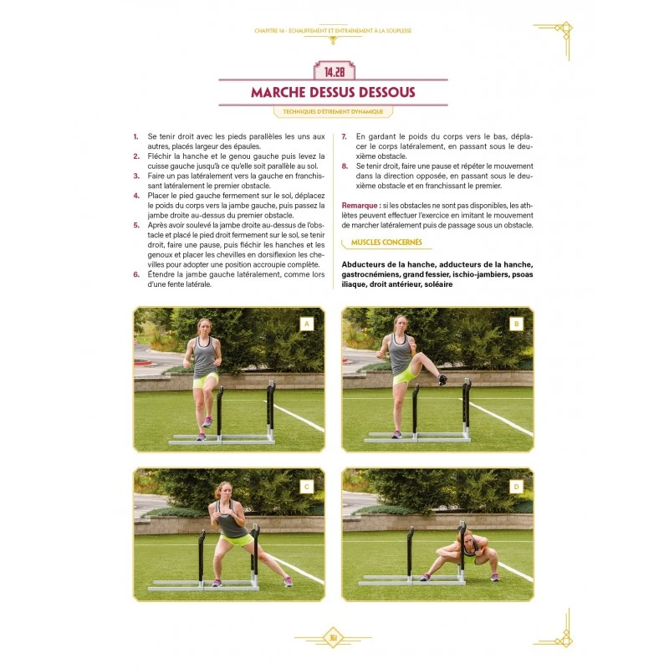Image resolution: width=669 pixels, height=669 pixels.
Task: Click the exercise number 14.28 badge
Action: (x=334, y=69)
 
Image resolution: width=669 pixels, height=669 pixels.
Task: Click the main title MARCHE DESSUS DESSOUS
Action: (x=334, y=92)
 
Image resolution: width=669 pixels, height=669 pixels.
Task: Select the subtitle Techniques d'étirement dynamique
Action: (x=334, y=111)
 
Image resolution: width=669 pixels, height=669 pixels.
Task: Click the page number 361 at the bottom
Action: (x=333, y=640)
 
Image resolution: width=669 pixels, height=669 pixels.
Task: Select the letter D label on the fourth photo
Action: (x=516, y=485)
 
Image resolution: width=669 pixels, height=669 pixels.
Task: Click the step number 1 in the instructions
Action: (x=136, y=135)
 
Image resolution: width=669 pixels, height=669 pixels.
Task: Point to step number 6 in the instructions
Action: (x=136, y=273)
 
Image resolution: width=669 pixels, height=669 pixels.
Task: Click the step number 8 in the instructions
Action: (x=345, y=166)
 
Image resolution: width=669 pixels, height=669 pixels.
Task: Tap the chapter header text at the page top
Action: (x=334, y=31)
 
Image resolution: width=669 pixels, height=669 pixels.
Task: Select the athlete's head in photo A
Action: (x=205, y=325)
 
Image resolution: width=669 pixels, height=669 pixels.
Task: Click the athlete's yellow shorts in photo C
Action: (x=237, y=540)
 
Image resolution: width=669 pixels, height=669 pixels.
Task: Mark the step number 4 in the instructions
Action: (x=136, y=195)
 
